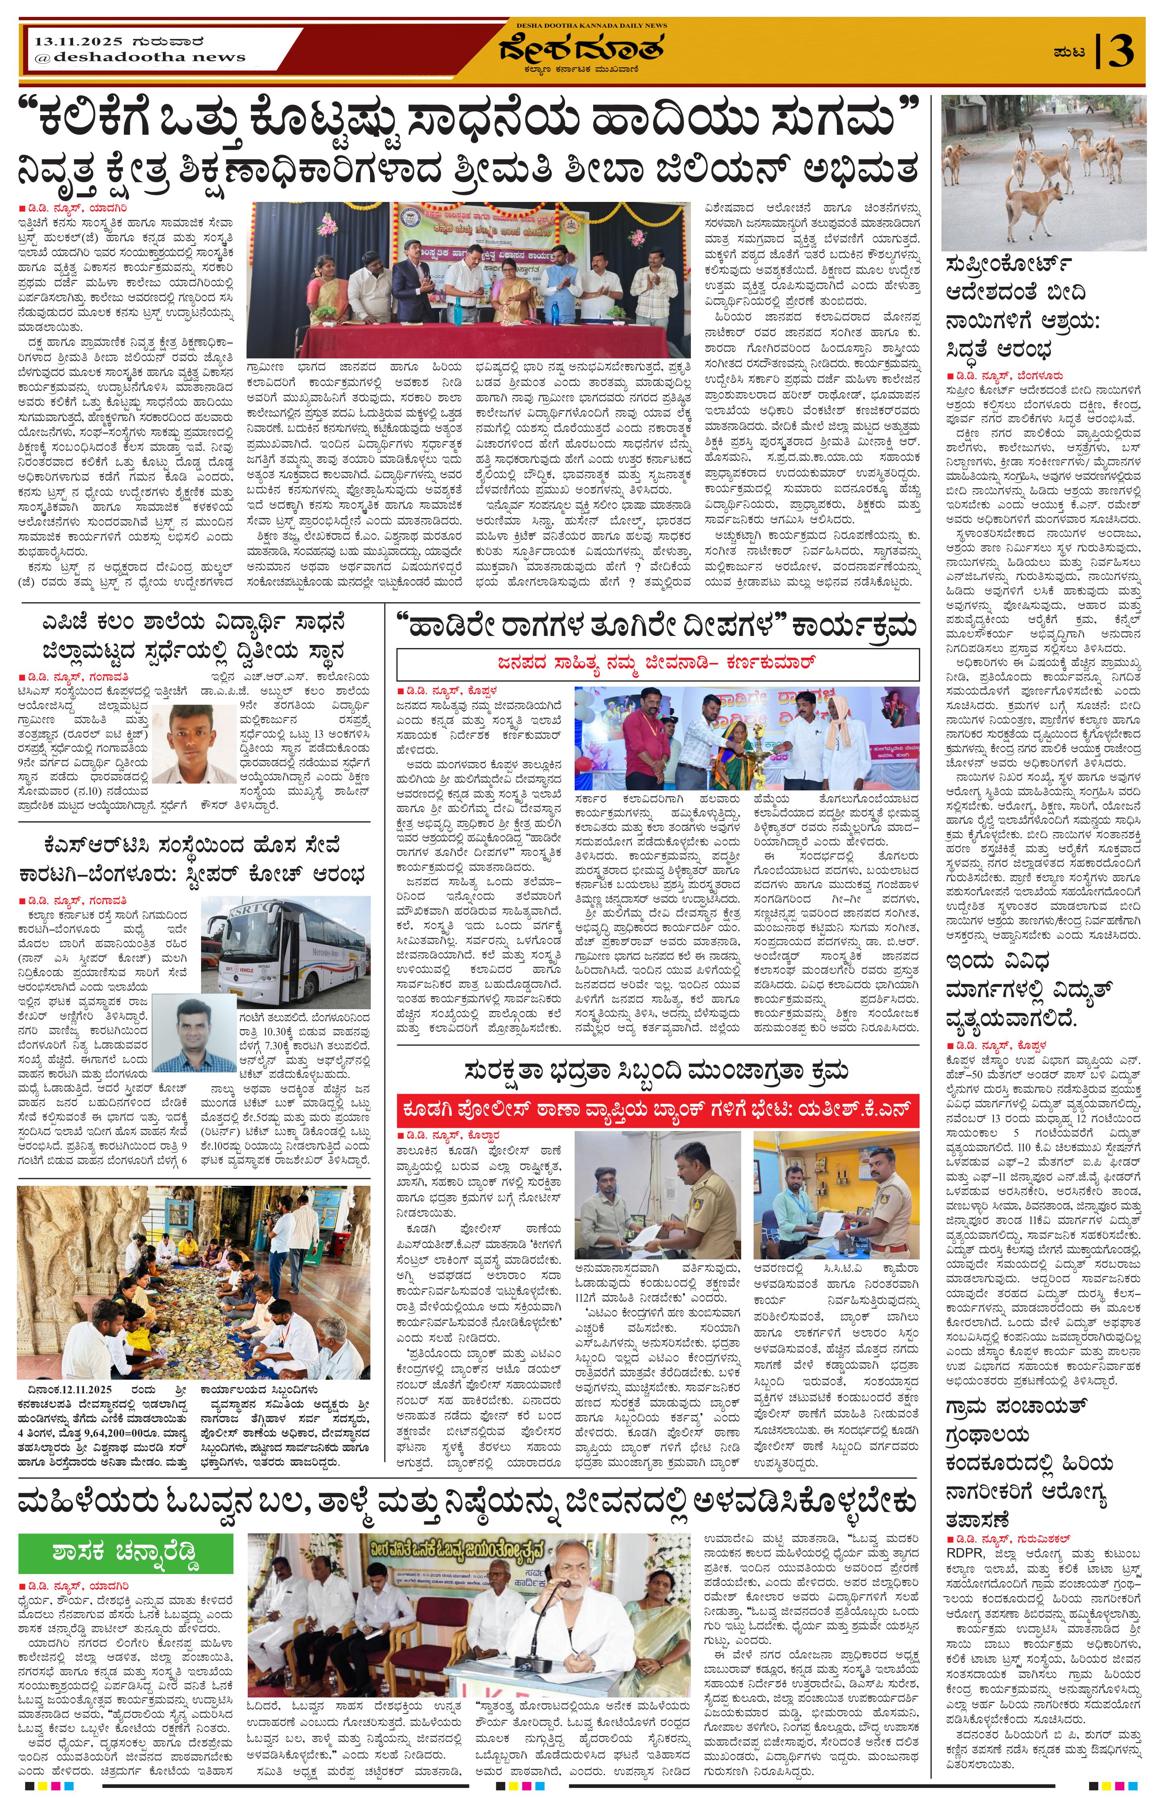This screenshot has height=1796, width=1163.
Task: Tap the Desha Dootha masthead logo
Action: pyautogui.click(x=581, y=51)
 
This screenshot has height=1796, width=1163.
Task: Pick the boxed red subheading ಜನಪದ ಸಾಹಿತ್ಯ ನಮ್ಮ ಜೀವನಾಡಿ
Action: pyautogui.click(x=658, y=663)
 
